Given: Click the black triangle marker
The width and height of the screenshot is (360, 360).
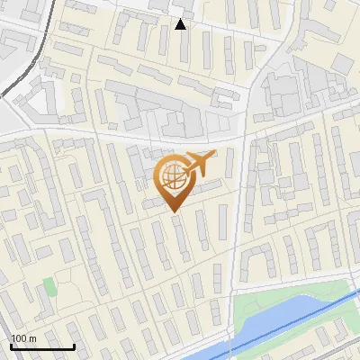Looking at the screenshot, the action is [181, 24].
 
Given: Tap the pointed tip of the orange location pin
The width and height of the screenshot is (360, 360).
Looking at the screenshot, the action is [173, 211].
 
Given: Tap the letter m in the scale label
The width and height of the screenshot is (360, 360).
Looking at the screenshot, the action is [32, 337].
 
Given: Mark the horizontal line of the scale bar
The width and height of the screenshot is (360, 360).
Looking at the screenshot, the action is [42, 346].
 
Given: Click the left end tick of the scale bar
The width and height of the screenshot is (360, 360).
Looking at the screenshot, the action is [11, 345].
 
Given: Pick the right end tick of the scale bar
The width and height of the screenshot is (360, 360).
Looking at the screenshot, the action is [74, 345].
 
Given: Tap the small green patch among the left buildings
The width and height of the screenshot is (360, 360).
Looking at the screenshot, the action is [49, 287].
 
